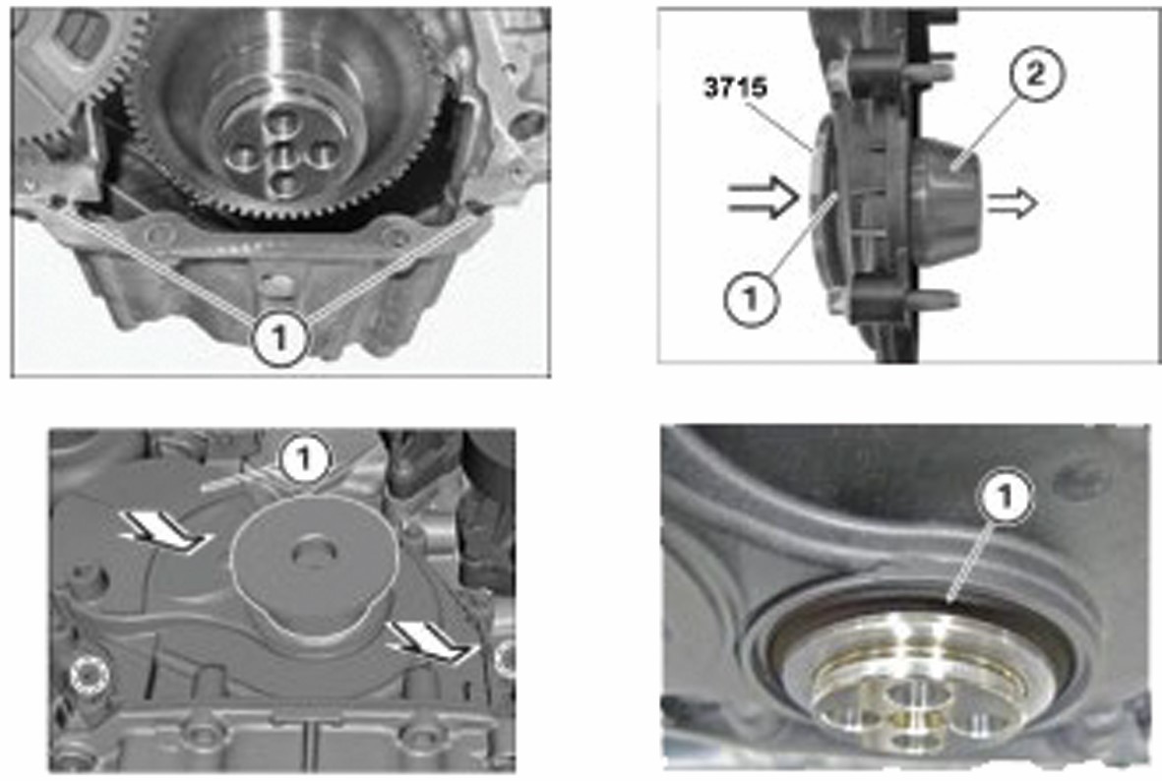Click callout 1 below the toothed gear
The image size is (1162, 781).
[279, 338]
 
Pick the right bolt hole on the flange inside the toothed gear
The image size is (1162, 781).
[323, 154]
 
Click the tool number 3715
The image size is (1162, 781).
[735, 89]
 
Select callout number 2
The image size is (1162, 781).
[1036, 74]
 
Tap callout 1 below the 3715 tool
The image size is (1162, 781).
[752, 299]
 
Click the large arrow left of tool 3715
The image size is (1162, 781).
[764, 197]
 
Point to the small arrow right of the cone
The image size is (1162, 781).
[1012, 203]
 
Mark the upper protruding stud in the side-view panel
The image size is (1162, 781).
[936, 72]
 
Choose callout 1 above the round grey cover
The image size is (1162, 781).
[304, 459]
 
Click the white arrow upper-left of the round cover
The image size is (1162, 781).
[164, 530]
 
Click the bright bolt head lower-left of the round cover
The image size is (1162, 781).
[90, 675]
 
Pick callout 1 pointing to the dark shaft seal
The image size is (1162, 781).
[1006, 497]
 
